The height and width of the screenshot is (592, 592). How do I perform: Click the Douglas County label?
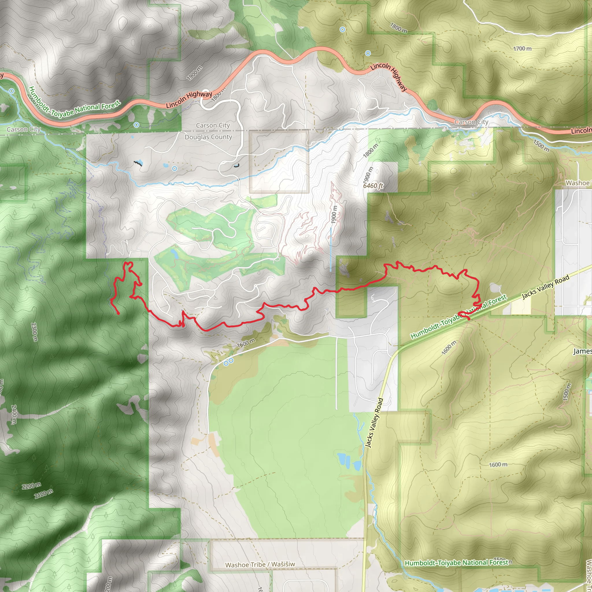point(208,137)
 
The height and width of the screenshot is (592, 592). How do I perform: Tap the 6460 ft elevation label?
point(373,186)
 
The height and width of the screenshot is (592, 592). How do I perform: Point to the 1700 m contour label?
point(522,48)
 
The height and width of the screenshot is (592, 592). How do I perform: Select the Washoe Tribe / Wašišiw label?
point(260,565)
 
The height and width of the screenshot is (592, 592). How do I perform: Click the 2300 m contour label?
point(34,332)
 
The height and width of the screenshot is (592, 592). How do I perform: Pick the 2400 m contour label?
point(14,414)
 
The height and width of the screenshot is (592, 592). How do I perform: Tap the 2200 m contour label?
point(31,486)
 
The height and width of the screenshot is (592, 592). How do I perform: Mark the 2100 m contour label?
point(44,494)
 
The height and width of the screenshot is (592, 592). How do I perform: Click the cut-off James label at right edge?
point(582,351)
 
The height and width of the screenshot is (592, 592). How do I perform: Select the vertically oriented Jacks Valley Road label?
point(375,423)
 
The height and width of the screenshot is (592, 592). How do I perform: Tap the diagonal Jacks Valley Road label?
point(545,286)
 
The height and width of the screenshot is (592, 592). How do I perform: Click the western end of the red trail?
point(119,314)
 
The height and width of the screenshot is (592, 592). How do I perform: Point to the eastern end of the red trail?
point(469,320)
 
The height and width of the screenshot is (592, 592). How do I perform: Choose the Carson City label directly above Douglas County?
point(213,125)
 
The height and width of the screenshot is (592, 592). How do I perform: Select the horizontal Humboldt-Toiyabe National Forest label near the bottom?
point(456,563)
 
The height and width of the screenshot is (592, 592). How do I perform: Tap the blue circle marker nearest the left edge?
point(12,91)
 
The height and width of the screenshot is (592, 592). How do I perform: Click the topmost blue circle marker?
point(343,29)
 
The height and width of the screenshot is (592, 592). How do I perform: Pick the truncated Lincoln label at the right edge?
point(581,131)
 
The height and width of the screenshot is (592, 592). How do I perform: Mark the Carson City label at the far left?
point(24,129)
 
